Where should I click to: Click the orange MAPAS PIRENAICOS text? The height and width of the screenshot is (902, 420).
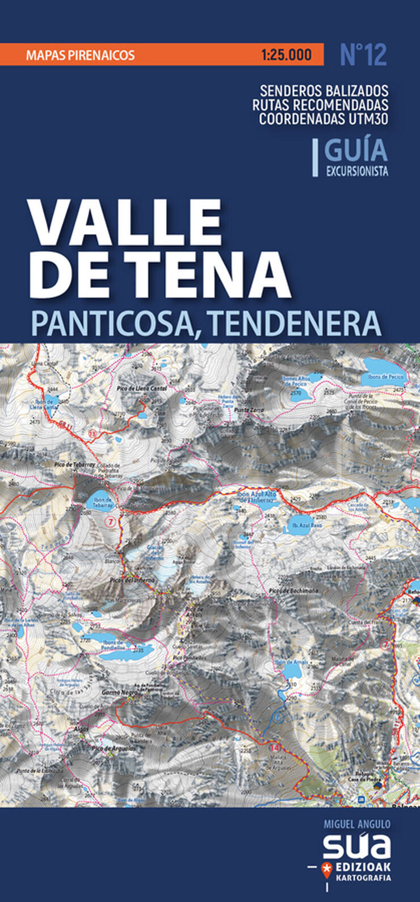[x=80, y=55]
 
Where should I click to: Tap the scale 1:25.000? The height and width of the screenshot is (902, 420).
[x=287, y=55]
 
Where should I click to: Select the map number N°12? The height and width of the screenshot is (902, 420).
[x=363, y=55]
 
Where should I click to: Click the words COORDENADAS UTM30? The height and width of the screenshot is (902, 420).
[x=324, y=119]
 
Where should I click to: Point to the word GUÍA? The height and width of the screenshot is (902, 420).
[x=356, y=150]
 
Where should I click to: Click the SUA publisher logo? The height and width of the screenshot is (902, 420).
[x=357, y=846]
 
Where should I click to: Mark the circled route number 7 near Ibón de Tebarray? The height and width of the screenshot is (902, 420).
[x=111, y=521]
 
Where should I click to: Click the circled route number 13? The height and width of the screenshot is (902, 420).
[x=93, y=433]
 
